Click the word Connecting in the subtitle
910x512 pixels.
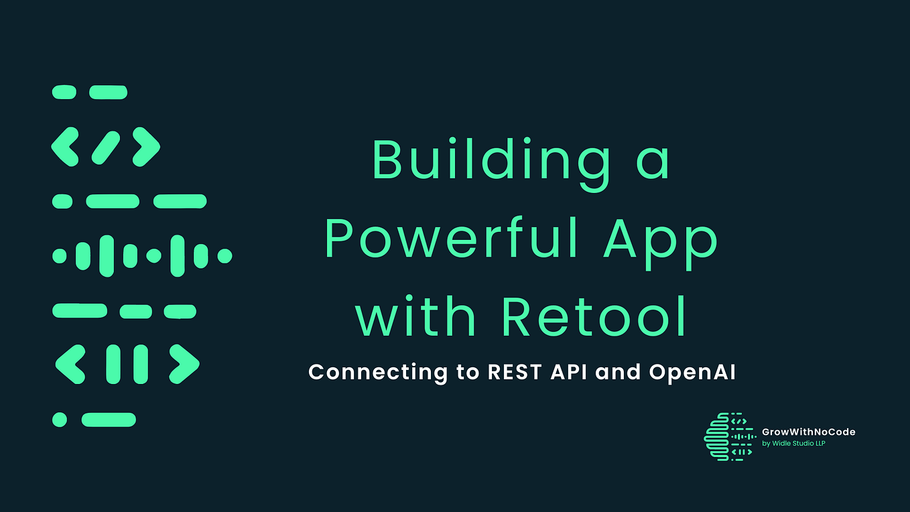(x=377, y=372)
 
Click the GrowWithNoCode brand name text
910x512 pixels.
(x=809, y=432)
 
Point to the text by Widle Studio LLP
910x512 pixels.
(x=793, y=444)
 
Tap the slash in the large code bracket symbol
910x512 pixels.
(x=106, y=147)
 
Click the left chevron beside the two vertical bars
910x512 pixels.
(x=70, y=365)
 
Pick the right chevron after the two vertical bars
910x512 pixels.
(x=184, y=365)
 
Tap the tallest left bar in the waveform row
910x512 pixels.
(x=107, y=256)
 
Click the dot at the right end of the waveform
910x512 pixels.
(x=224, y=256)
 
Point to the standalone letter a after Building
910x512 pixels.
(x=651, y=161)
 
